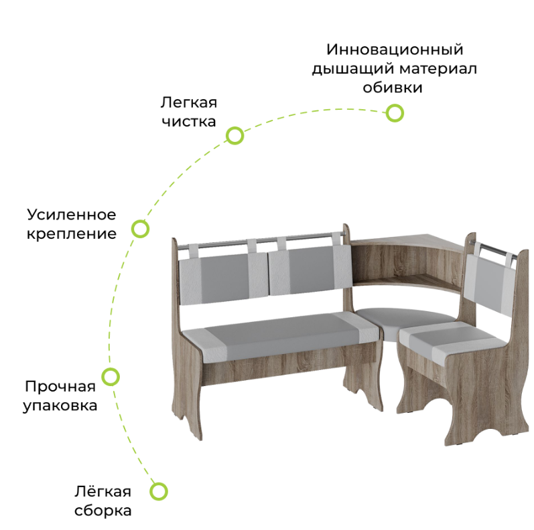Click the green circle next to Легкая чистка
click(x=235, y=136)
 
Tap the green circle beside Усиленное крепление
click(x=140, y=229)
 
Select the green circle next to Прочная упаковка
click(x=111, y=376)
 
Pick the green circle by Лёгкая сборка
click(x=158, y=492)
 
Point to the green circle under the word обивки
click(x=395, y=113)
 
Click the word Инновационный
click(x=395, y=50)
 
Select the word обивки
click(x=393, y=88)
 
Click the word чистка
click(x=188, y=122)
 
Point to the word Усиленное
click(x=72, y=215)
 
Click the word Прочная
click(x=60, y=386)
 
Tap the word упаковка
click(x=60, y=406)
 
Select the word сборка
click(x=103, y=511)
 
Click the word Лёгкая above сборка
click(x=103, y=492)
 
